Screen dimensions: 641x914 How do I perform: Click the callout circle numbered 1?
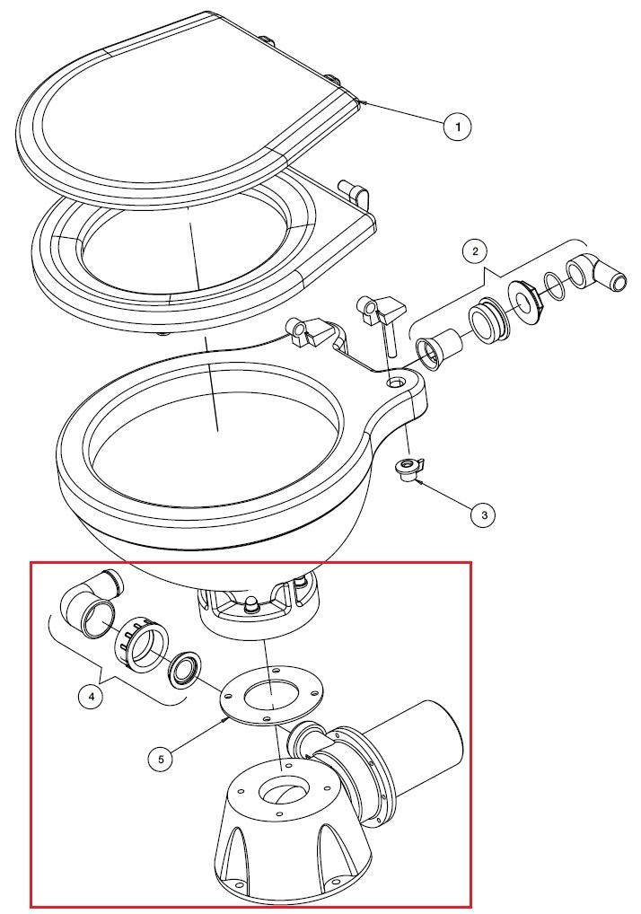(458, 127)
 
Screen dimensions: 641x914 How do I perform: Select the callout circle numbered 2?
(476, 251)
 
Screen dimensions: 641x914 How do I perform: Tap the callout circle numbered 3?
(484, 514)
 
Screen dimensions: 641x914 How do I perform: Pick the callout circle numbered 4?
(92, 696)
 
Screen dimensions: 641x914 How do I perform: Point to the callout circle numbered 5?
(161, 759)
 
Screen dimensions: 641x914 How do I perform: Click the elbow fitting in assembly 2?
(596, 273)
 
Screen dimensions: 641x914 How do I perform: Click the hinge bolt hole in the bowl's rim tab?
(398, 382)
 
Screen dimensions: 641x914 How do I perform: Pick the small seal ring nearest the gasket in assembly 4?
(185, 669)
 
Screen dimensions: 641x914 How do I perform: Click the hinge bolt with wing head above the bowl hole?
(379, 321)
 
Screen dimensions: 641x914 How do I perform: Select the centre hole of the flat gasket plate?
(271, 695)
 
